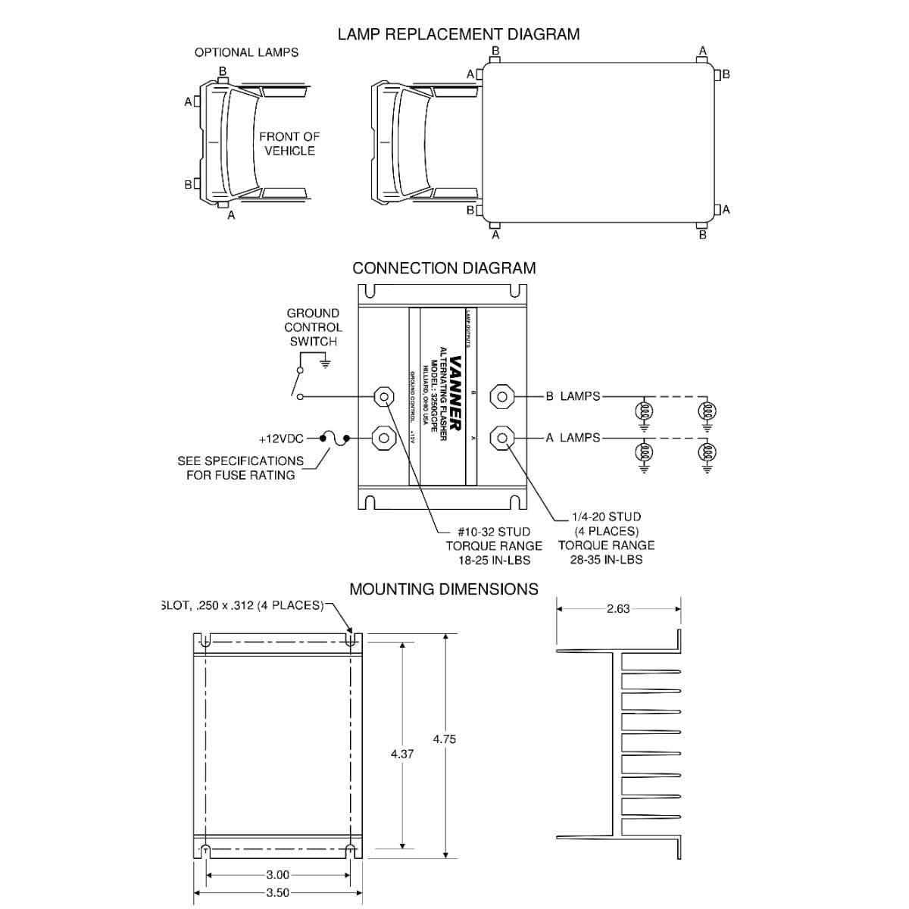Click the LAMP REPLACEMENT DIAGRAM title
[458, 34]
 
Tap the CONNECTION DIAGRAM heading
[444, 268]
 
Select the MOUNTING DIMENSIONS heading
[444, 589]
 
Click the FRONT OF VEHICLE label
[289, 144]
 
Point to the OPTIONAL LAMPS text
[246, 52]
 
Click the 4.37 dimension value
[401, 754]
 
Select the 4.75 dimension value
[445, 739]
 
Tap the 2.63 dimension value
[618, 608]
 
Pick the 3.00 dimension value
[278, 875]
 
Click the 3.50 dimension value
[278, 893]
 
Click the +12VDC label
[281, 439]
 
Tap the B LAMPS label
[573, 396]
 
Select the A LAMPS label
[573, 438]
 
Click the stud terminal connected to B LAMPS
[503, 395]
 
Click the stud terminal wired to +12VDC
[384, 438]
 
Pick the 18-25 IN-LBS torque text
[494, 561]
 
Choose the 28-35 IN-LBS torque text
[606, 560]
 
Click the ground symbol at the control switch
[326, 363]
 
